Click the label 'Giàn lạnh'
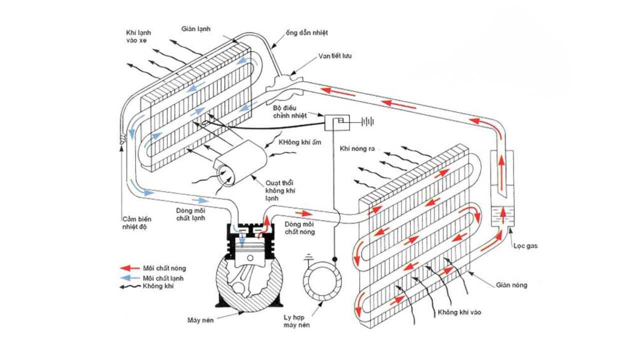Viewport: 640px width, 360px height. (x=195, y=29)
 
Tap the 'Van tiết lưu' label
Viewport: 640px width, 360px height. (x=335, y=56)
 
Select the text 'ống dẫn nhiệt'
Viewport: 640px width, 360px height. (x=307, y=33)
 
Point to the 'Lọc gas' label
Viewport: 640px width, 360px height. (x=525, y=246)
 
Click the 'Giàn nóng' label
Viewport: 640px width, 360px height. (x=511, y=285)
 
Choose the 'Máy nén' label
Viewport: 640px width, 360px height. (x=200, y=320)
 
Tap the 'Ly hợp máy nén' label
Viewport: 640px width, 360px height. (x=296, y=321)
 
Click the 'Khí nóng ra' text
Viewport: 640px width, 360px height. (x=357, y=149)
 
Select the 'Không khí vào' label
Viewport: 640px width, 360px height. (x=459, y=312)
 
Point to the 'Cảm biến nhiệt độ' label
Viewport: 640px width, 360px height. (x=137, y=223)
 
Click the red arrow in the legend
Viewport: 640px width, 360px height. (x=129, y=268)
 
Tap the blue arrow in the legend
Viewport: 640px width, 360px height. (x=129, y=278)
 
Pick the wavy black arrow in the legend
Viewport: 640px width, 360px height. (x=130, y=286)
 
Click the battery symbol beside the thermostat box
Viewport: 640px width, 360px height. (x=367, y=121)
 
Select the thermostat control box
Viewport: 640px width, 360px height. (x=337, y=122)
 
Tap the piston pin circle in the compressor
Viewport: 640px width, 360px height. (x=250, y=258)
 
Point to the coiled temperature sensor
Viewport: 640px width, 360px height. (x=123, y=139)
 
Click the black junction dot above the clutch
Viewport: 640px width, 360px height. (x=335, y=259)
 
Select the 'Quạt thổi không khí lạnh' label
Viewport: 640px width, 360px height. (x=280, y=190)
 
